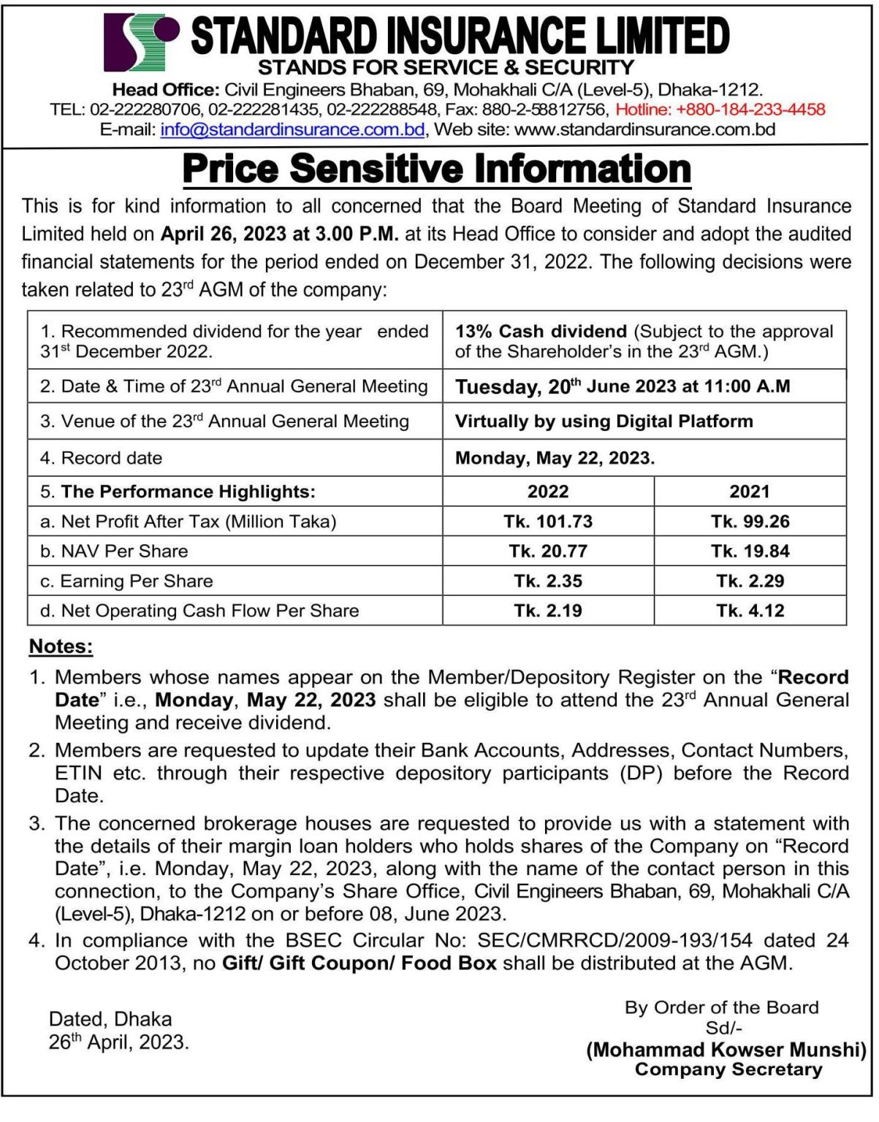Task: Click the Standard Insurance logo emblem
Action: pos(141,41)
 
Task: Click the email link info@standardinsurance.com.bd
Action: pos(292,130)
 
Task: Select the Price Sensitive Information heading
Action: pos(436,169)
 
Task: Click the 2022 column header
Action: pos(548,492)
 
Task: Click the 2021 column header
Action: pos(750,492)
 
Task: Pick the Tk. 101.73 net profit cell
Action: pos(548,522)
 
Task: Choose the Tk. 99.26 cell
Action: pos(750,522)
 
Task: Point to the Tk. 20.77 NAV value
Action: pos(548,552)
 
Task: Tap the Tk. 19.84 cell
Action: pos(750,552)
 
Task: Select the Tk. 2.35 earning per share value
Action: pos(548,581)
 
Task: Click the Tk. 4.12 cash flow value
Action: pos(750,611)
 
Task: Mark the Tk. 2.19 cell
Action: pos(548,611)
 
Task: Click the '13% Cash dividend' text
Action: pos(541,332)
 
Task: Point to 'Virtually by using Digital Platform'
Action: pos(604,421)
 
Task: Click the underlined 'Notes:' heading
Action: pos(61,646)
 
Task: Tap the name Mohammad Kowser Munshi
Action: pos(726,1050)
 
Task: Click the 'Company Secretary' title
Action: pos(728,1069)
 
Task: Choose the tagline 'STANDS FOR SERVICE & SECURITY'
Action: pos(446,68)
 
